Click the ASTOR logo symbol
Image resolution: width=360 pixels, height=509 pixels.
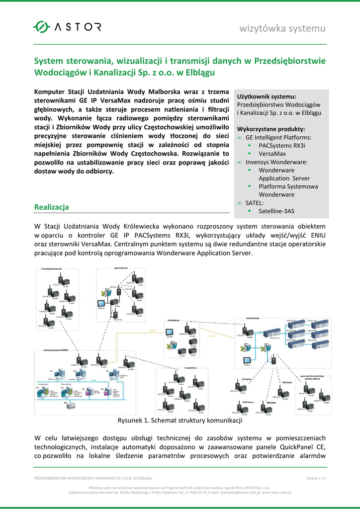pos(42,27)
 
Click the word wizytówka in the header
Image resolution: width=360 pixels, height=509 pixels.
pos(264,28)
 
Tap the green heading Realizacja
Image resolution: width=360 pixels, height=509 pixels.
pos(51,207)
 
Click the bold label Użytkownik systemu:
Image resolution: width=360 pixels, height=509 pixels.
pos(267,96)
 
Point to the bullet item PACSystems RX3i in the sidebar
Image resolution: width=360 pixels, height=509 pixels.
pos(281,145)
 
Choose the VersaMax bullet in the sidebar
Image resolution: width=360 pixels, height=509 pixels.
pos(272,154)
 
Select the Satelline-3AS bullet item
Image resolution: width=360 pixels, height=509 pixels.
pos(276,211)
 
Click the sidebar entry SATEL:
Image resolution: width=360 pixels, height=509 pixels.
pos(255,203)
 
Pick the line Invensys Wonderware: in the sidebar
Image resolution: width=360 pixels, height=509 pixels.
pos(276,162)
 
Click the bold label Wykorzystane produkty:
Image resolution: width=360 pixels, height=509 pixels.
pos(270,129)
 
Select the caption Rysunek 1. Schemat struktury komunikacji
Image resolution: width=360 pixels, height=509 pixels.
pos(180,421)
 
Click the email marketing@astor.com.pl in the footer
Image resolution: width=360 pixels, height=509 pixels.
pos(237,493)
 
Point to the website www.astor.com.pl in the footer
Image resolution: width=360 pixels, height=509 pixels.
pos(276,493)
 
